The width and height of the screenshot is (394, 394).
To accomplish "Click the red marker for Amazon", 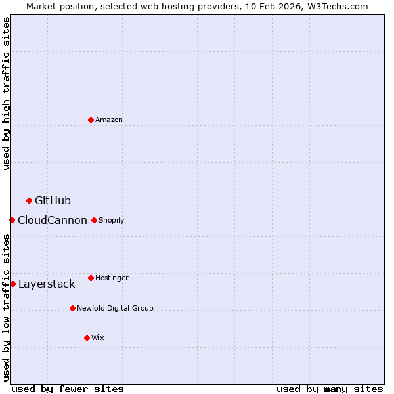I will (x=91, y=120).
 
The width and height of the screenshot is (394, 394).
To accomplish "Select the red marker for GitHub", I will (x=29, y=200).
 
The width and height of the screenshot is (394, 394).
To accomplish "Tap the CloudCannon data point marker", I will (x=12, y=220).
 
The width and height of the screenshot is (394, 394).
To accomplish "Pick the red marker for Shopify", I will (x=94, y=220).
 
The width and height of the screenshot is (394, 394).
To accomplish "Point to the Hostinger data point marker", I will (x=91, y=278).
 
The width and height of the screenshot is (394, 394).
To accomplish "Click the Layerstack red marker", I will (x=12, y=284).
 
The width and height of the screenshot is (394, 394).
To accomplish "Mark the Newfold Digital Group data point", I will (x=72, y=308).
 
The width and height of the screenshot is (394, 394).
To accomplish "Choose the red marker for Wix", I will (x=87, y=338).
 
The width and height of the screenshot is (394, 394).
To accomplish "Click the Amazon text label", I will (x=109, y=120).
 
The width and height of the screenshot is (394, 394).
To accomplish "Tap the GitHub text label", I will (x=53, y=200).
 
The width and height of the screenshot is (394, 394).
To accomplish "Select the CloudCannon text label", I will (x=53, y=220).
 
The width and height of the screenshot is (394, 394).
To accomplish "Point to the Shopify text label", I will (x=112, y=220).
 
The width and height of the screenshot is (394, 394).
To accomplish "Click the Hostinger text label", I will (x=112, y=278).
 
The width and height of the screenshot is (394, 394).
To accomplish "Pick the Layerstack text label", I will (x=47, y=284).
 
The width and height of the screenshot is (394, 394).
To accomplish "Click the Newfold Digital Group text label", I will (x=115, y=308).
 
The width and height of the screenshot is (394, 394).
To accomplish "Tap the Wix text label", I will (x=98, y=338).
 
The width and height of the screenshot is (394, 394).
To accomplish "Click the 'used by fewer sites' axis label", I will (x=68, y=389).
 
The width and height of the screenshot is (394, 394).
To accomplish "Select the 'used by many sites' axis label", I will (x=330, y=389).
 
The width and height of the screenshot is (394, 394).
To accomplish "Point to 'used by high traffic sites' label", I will (x=6, y=93).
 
